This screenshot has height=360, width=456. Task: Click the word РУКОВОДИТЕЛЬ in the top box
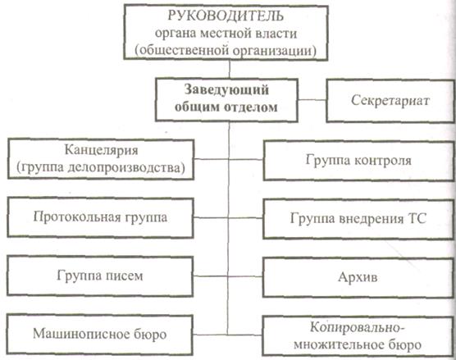[226, 16]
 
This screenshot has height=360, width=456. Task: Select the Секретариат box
[390, 101]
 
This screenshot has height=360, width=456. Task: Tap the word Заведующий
[226, 90]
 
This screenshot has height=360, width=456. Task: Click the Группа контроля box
[359, 161]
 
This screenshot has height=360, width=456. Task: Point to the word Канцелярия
[101, 151]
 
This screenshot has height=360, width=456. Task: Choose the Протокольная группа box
[100, 217]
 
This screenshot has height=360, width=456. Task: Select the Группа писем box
[100, 276]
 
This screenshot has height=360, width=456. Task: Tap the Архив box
[358, 277]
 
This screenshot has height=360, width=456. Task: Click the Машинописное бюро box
[99, 335]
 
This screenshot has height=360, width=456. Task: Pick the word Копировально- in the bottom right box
[357, 328]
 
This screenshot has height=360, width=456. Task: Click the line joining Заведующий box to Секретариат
[312, 100]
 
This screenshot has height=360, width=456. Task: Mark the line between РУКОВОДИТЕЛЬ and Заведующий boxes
[230, 69]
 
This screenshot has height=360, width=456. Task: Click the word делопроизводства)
[126, 168]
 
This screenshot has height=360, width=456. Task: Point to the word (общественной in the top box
[182, 51]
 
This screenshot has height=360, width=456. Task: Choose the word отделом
[251, 107]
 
